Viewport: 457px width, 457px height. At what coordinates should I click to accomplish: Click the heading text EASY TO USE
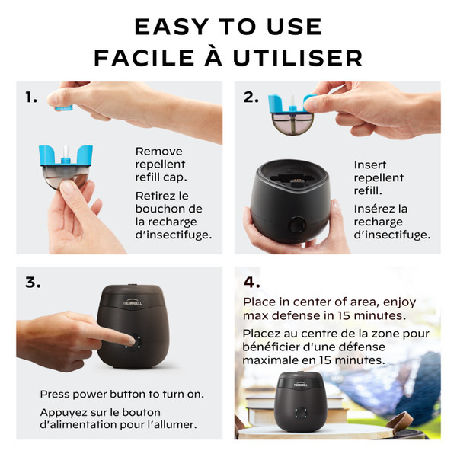pos(228,26)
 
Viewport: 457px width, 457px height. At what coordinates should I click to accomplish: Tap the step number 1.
pos(31,97)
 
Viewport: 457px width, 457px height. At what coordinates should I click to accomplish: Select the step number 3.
pos(32,283)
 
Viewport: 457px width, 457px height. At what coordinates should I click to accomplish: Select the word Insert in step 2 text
pos(369,165)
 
